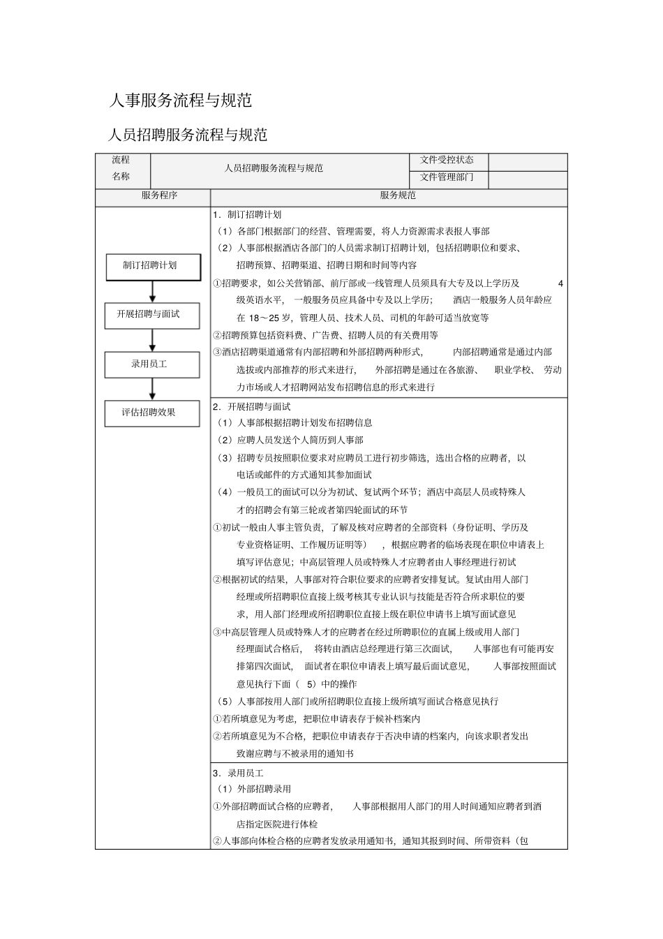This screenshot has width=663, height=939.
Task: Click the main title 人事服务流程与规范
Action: point(180,101)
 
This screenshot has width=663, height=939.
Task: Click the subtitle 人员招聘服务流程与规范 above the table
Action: point(188,134)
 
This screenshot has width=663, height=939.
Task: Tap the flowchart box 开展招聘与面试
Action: point(152,315)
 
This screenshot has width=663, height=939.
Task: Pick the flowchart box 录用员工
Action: point(152,364)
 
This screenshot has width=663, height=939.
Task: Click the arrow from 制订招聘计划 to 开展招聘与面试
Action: point(152,291)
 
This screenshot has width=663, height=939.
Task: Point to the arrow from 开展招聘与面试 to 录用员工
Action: point(152,340)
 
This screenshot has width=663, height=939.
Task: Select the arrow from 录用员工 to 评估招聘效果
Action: point(152,389)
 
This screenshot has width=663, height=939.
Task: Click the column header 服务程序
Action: point(159,195)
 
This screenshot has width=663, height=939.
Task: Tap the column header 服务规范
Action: point(397,195)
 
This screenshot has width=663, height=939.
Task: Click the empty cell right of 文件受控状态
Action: point(528,162)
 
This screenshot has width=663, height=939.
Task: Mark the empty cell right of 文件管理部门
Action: point(528,179)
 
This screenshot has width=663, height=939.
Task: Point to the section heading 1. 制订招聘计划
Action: point(248,214)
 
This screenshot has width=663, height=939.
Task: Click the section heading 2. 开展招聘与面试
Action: point(253,406)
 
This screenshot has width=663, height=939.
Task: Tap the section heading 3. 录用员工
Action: point(239,773)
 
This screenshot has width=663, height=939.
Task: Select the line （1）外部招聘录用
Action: point(254,789)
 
